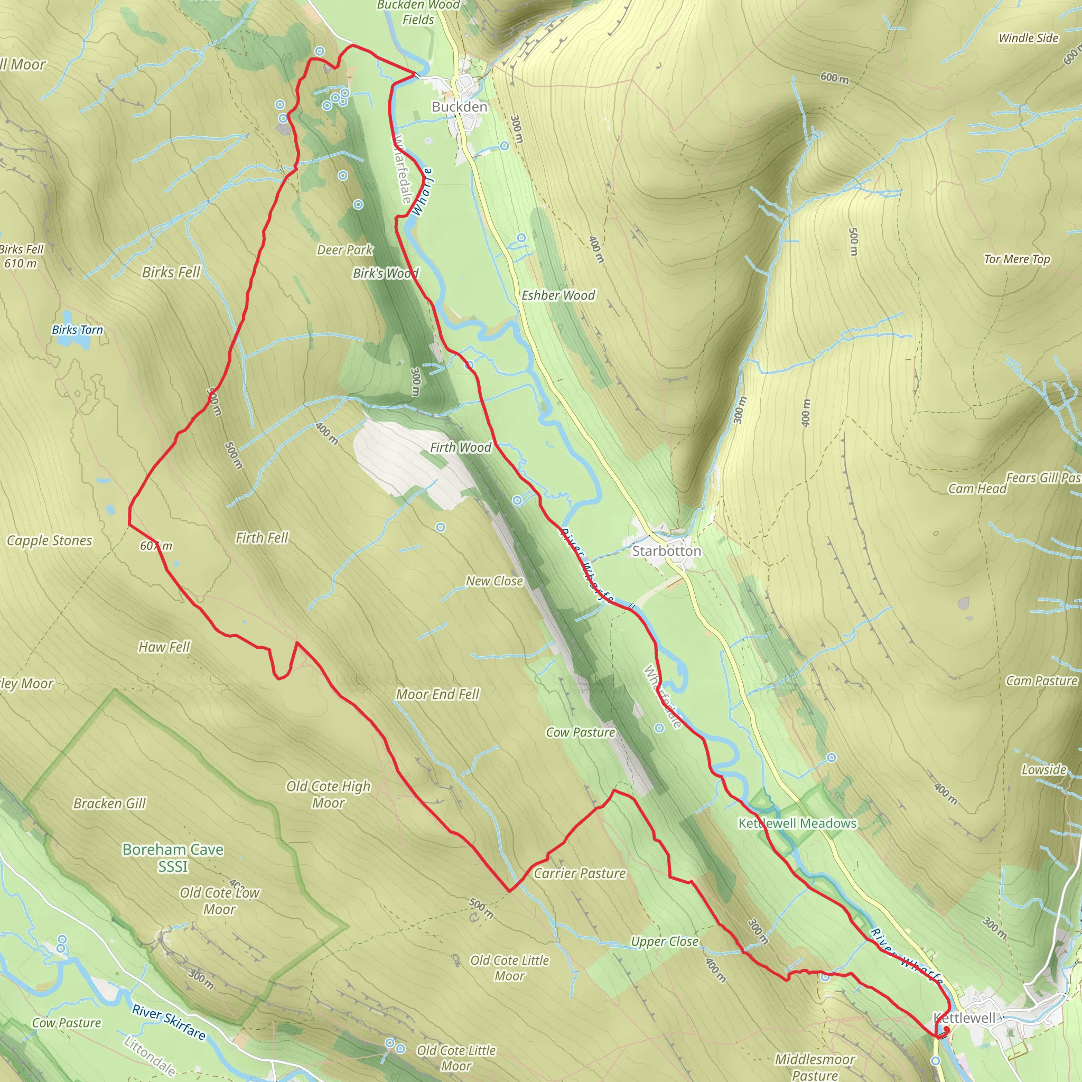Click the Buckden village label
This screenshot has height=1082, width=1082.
coord(459,106)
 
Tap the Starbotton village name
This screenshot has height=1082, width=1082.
coord(666,551)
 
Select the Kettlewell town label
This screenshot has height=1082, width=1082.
coord(964,1018)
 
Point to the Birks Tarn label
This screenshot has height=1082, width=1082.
coord(77,330)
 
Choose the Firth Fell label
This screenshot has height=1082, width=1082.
coord(262,538)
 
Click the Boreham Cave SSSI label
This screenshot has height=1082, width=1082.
coord(173,858)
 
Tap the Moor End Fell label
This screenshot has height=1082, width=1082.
coord(437,694)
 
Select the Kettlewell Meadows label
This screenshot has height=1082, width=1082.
coord(797,823)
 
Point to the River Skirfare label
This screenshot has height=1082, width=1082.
coord(169,1023)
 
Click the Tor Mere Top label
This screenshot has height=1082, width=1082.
coord(1017,259)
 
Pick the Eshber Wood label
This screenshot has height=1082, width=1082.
coord(558,295)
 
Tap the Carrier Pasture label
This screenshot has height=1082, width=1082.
coord(580,873)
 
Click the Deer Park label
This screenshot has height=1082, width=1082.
coord(345,250)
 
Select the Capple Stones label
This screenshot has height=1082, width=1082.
coord(49,540)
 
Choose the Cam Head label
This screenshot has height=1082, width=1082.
coord(977,489)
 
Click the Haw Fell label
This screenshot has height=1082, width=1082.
coord(164,647)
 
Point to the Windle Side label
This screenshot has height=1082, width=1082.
coord(1028,38)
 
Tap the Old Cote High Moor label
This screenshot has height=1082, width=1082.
coord(328,794)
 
